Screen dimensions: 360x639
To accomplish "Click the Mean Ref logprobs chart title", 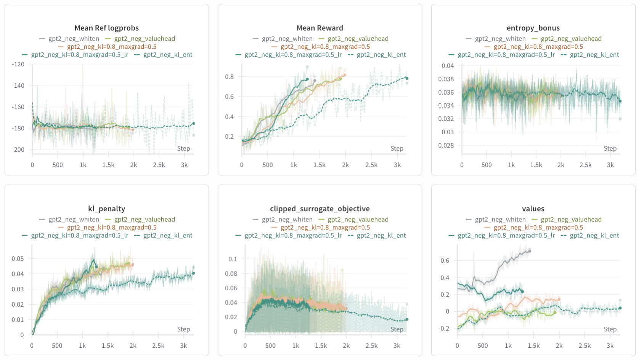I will [106, 28].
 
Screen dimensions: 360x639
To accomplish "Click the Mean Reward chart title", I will [319, 28].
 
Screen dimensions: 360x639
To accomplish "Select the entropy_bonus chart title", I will [533, 28].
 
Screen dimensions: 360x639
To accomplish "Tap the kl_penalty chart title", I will [106, 209].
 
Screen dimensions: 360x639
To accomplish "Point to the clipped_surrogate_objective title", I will [319, 209].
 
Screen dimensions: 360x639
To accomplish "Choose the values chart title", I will [533, 209].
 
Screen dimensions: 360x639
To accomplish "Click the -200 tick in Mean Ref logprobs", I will [18, 149].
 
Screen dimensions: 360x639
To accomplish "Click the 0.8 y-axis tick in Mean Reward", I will [229, 77].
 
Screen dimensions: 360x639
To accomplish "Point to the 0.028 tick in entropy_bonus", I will [446, 145].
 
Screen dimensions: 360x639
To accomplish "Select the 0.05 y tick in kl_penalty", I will [18, 259].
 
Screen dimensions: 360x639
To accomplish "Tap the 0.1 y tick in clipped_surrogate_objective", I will [233, 259].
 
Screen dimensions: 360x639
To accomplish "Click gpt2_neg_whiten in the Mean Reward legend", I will [287, 39].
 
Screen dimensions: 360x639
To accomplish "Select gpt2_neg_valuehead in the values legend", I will [571, 219].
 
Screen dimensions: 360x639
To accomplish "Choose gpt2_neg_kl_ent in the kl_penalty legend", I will [168, 235].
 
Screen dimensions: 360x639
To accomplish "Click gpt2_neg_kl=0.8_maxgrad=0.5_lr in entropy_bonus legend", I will [506, 55].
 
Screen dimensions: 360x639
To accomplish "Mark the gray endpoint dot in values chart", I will [530, 251].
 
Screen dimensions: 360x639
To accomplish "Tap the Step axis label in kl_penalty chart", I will [183, 329].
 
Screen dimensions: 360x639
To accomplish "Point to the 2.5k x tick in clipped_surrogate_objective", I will [371, 346].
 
